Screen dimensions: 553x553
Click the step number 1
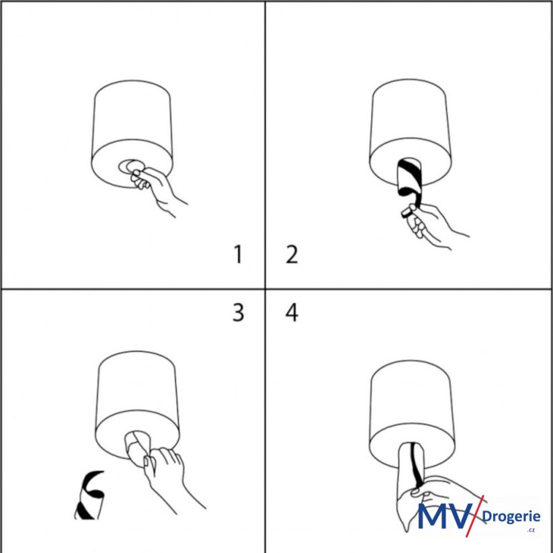239,255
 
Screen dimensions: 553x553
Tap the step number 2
292,255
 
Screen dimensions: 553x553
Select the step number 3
239,312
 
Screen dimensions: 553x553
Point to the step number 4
292,312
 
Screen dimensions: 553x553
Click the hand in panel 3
169,476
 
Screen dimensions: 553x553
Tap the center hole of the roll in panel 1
130,165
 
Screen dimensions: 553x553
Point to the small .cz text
531,530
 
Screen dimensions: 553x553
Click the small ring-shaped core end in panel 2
407,212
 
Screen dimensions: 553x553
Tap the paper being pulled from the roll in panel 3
138,448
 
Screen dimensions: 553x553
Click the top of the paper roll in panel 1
132,88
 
